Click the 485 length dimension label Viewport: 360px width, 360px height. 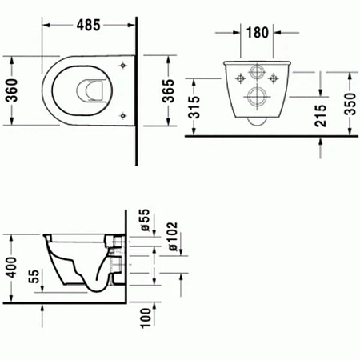(x=88, y=25)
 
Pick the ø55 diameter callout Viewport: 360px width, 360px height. (x=145, y=221)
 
